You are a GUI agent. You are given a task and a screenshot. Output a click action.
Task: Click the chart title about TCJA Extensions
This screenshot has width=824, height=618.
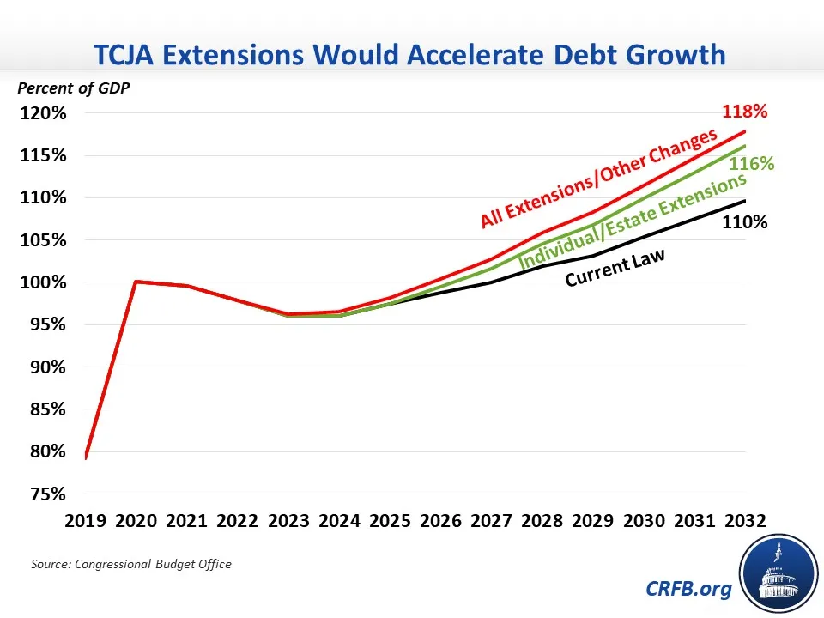[410, 55]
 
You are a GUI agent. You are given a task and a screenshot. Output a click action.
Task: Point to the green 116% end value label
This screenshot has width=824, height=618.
[753, 163]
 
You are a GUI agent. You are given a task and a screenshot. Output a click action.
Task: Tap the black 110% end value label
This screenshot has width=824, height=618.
[744, 222]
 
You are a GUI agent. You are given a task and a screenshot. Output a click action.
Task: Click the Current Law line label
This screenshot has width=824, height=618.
[615, 267]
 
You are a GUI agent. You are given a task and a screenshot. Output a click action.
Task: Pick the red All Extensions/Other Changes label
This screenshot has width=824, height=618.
[598, 179]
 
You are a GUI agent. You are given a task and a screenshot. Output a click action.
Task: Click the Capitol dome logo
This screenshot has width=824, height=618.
[777, 572]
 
